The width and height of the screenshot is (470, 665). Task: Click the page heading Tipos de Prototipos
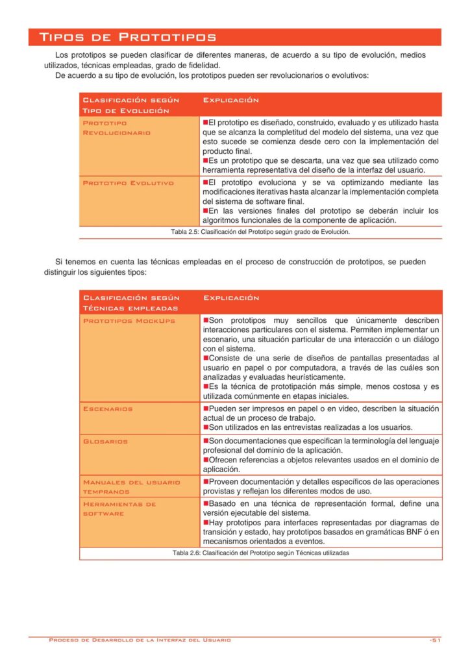click(x=128, y=37)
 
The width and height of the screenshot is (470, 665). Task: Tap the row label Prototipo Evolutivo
click(x=129, y=183)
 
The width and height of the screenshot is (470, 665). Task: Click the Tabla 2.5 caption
click(x=260, y=232)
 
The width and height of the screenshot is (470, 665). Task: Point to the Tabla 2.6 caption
click(x=260, y=553)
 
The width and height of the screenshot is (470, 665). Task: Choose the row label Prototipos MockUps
click(x=129, y=321)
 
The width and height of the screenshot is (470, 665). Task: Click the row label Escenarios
click(x=108, y=409)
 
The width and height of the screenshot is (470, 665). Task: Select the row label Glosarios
click(x=106, y=442)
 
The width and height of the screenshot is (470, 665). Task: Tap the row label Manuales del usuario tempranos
click(x=131, y=487)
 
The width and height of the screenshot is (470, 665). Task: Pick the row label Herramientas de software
click(x=119, y=508)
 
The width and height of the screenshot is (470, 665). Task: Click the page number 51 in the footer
click(x=435, y=640)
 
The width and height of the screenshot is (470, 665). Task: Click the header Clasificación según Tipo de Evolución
click(x=130, y=105)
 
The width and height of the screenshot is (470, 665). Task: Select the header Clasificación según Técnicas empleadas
click(x=130, y=303)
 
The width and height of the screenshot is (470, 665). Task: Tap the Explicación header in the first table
click(x=231, y=100)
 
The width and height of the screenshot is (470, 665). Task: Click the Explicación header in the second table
click(x=231, y=297)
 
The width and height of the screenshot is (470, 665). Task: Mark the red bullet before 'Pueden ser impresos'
click(x=206, y=408)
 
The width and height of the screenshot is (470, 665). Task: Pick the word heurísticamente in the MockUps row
click(x=313, y=377)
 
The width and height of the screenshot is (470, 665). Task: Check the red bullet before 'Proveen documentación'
click(x=206, y=482)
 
